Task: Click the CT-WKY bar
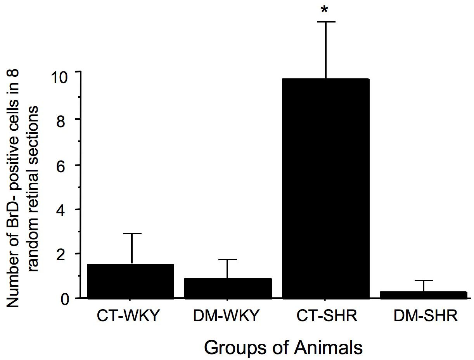(130, 281)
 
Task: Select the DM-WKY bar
(228, 288)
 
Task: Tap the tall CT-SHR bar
(325, 189)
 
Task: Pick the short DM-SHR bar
(423, 295)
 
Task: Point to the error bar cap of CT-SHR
(325, 22)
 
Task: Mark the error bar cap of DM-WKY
(228, 259)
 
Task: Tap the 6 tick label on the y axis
(68, 165)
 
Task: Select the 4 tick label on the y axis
(68, 209)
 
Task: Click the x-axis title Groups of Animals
(284, 347)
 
